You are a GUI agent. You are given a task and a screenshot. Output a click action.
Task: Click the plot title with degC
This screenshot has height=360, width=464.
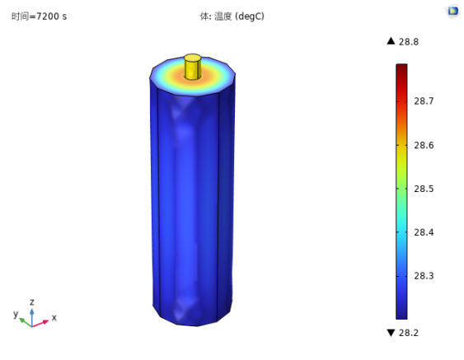(x=232, y=16)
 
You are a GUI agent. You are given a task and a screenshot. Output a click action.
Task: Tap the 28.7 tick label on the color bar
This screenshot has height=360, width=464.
(x=424, y=101)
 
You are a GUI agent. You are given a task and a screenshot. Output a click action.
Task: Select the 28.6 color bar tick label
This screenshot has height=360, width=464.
(x=424, y=145)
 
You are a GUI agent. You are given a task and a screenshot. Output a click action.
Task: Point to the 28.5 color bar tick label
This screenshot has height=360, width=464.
(x=424, y=189)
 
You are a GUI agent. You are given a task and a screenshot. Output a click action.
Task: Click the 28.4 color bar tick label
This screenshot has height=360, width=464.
(x=424, y=232)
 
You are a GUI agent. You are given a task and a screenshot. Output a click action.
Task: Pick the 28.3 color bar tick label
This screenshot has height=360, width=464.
(x=424, y=276)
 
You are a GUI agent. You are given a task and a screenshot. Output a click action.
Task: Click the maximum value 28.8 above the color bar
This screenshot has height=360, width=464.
(x=409, y=42)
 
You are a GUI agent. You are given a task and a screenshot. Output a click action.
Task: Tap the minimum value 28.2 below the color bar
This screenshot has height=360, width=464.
(x=409, y=333)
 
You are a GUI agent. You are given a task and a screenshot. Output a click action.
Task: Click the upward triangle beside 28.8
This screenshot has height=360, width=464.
(x=391, y=41)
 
